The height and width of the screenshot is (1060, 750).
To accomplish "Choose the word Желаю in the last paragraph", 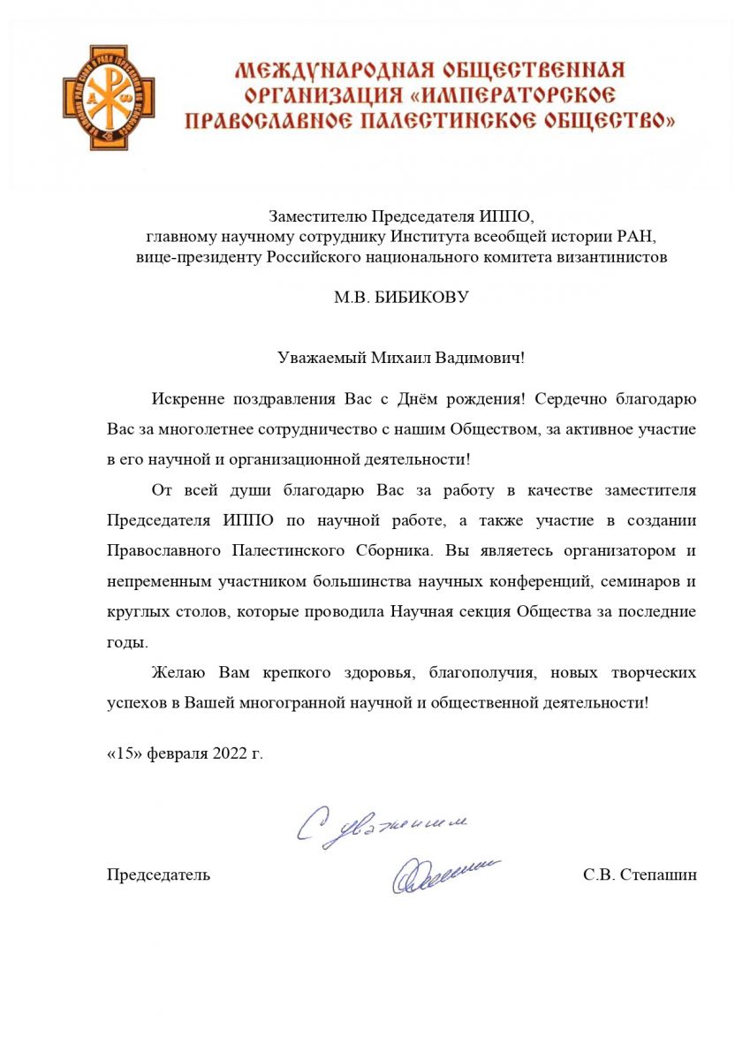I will pos(179,672).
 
